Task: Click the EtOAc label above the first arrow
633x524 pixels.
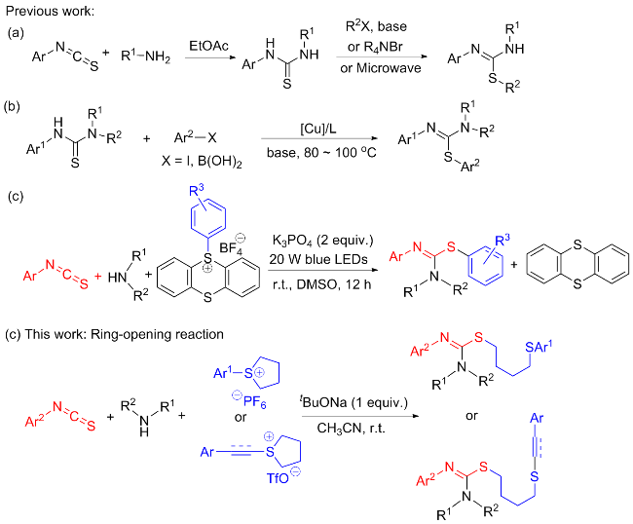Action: click(x=208, y=46)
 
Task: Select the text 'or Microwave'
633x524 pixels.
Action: click(x=380, y=68)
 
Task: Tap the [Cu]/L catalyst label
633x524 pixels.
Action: click(x=318, y=129)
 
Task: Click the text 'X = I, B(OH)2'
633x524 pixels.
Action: click(x=202, y=162)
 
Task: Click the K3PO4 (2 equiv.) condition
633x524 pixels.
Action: click(x=323, y=241)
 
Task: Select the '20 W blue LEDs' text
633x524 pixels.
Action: click(x=318, y=259)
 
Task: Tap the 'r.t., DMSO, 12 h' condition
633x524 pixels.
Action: click(x=321, y=284)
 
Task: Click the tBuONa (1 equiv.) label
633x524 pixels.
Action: click(x=354, y=402)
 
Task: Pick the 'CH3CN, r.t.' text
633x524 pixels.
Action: click(x=351, y=428)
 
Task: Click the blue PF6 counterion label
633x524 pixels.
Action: click(x=249, y=399)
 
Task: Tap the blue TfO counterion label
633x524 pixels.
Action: click(x=283, y=476)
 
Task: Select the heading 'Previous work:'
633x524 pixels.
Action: click(x=50, y=11)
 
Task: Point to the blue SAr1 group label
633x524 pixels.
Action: click(x=539, y=347)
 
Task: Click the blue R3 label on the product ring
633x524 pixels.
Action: click(x=503, y=241)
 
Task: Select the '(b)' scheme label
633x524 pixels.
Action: click(x=12, y=106)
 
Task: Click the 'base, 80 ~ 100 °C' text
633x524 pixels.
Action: click(x=321, y=153)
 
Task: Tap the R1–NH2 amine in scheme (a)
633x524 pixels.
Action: click(x=146, y=56)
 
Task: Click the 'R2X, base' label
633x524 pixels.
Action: click(x=376, y=26)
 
